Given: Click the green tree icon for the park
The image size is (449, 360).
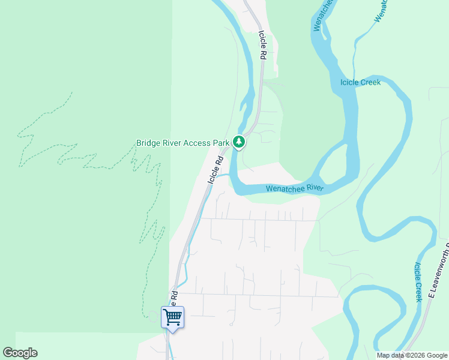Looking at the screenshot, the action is [x=240, y=142].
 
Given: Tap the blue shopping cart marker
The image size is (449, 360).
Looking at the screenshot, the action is [x=172, y=317].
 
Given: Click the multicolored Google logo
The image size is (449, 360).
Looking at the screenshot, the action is [x=20, y=353].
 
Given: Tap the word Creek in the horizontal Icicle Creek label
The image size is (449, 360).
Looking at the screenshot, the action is [x=370, y=82].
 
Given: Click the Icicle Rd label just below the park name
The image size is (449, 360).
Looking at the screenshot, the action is [x=215, y=170].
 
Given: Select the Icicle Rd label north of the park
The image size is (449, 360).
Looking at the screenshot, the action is [x=262, y=45].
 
